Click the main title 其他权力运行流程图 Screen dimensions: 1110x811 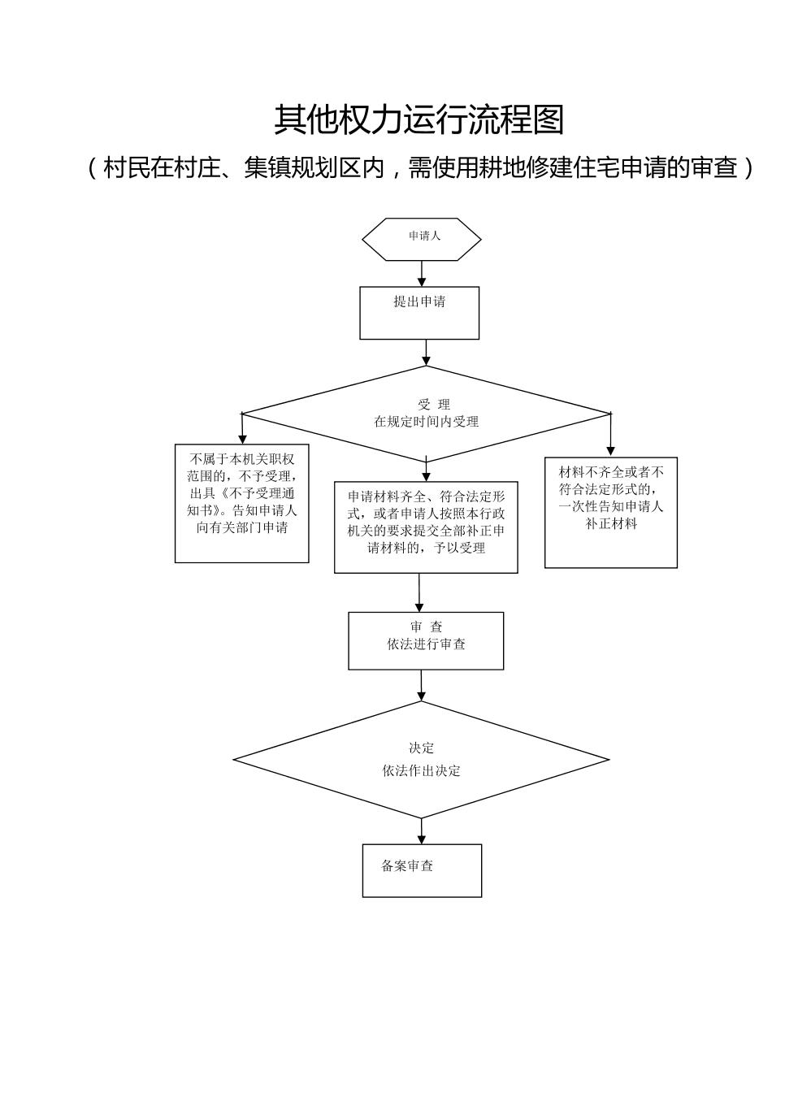[x=419, y=119]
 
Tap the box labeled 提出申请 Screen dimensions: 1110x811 [x=419, y=312]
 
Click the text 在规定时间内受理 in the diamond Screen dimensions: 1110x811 [x=426, y=422]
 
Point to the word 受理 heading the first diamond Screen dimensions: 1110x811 [x=434, y=405]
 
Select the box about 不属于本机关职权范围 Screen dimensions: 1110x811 [x=242, y=503]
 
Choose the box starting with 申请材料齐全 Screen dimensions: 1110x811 [x=426, y=527]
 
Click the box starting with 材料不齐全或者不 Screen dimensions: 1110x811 [x=611, y=512]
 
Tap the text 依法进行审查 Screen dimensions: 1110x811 [x=426, y=644]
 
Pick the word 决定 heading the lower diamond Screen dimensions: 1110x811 [x=422, y=748]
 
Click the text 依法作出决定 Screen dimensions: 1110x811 [x=422, y=770]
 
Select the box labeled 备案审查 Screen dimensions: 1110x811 [x=422, y=870]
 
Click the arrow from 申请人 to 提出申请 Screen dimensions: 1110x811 [x=422, y=273]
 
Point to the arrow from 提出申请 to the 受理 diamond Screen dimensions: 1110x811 [x=426, y=352]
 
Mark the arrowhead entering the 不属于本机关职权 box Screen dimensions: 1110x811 [x=242, y=439]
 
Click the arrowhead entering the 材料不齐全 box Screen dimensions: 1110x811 [x=611, y=451]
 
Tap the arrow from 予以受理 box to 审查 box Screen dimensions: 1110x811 [x=419, y=592]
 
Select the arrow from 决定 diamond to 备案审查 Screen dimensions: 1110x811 [x=422, y=831]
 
